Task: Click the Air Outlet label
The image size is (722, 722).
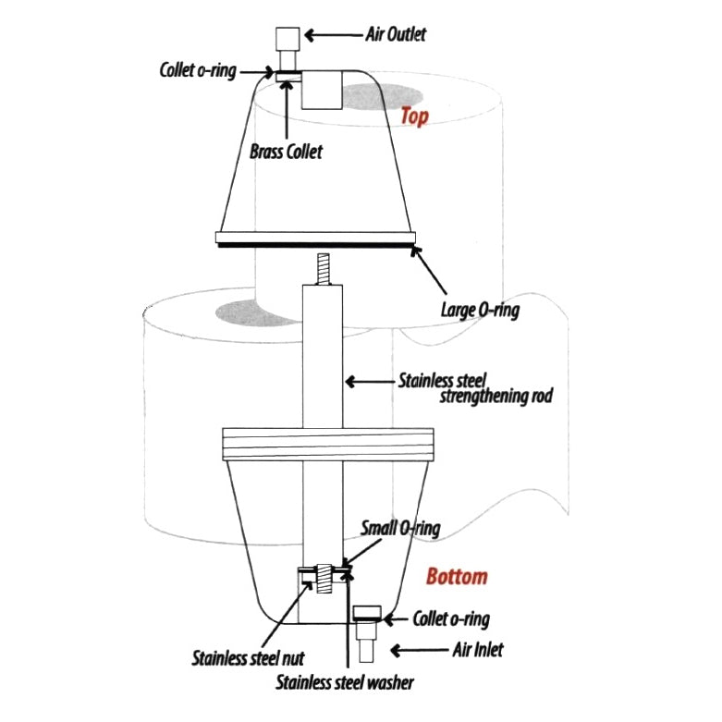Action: (x=396, y=34)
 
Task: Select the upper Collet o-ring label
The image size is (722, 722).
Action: (x=198, y=70)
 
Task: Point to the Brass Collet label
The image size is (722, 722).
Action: (x=286, y=152)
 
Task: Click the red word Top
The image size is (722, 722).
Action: (x=414, y=116)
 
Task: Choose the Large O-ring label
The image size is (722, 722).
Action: (x=481, y=310)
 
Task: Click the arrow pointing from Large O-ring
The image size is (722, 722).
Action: (x=428, y=270)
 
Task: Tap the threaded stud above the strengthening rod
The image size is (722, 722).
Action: (x=323, y=269)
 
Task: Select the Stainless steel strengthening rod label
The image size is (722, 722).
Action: (x=475, y=388)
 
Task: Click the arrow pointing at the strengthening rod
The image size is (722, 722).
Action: (x=370, y=382)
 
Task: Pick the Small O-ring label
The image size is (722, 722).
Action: (x=400, y=528)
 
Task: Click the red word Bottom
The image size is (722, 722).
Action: (x=457, y=577)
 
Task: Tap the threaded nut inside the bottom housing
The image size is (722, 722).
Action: (x=324, y=578)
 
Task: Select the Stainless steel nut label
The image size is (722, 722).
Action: (x=248, y=658)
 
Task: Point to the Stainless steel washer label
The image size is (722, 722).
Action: (x=345, y=682)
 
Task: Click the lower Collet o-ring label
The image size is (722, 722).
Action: (x=451, y=618)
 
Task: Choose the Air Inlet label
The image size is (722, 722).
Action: (x=478, y=650)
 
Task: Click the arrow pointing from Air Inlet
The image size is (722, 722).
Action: (x=419, y=650)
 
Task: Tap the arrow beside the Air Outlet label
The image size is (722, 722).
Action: (x=334, y=35)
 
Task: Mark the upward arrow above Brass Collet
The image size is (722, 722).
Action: (x=287, y=109)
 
